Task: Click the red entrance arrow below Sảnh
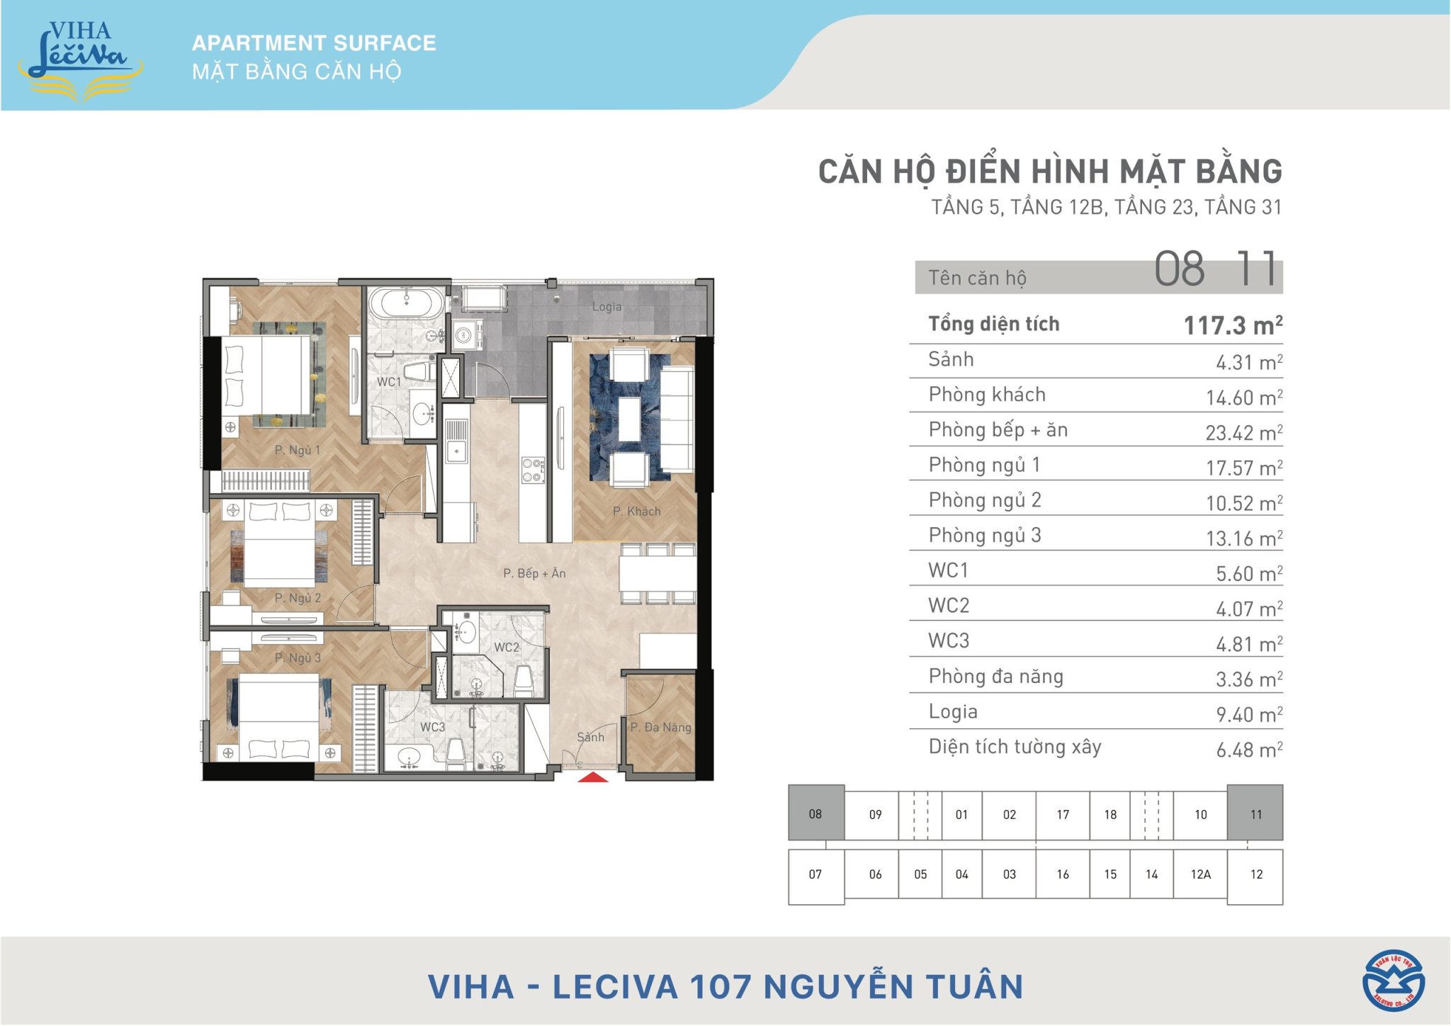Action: click(593, 777)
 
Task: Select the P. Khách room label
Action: click(636, 511)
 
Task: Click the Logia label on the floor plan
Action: click(606, 307)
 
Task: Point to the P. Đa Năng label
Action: click(660, 727)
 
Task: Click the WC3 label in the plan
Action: click(432, 727)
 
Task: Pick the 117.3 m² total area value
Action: click(1233, 325)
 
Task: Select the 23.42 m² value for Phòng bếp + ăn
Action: click(1244, 432)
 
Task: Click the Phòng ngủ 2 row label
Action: click(985, 500)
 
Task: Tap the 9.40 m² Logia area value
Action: click(1249, 714)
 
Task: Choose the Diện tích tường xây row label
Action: click(1015, 748)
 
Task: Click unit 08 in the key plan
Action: click(815, 813)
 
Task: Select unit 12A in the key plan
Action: click(1200, 874)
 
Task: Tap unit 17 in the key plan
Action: click(1063, 815)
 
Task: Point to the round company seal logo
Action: click(1394, 981)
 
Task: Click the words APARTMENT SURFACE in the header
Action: click(314, 43)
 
